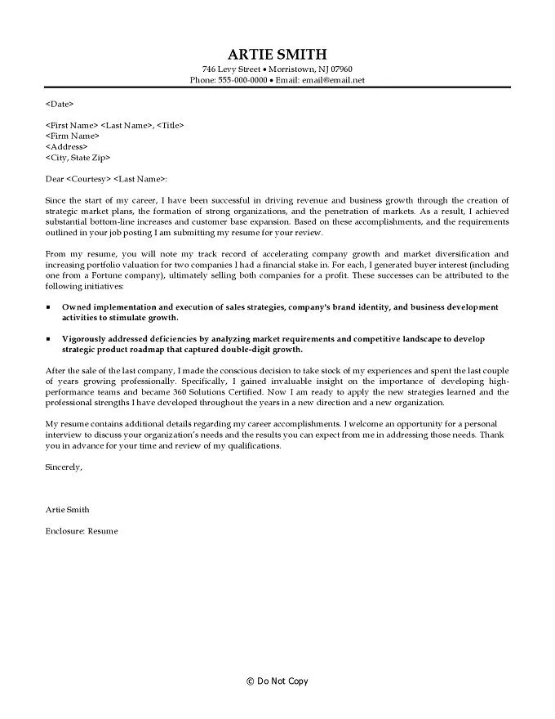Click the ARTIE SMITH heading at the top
tap(277, 54)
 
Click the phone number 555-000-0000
tap(241, 81)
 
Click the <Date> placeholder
tap(60, 104)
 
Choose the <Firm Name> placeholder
tap(73, 136)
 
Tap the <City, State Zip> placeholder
tap(78, 157)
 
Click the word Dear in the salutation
tap(55, 178)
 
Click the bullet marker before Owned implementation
tap(48, 306)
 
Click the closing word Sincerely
tap(64, 467)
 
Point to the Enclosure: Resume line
tap(82, 531)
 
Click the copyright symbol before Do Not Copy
tap(251, 681)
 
